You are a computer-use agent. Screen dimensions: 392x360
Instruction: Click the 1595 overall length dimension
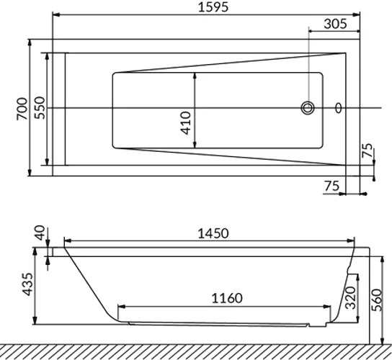coord(213,7)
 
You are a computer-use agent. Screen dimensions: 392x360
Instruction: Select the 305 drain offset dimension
coord(336,24)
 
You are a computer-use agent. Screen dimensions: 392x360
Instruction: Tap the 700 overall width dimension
coord(22,109)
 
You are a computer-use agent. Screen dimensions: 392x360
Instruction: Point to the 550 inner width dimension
coord(40,108)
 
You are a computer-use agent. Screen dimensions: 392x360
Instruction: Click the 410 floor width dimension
coord(186,123)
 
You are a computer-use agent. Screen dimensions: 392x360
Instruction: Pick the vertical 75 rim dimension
coord(367,150)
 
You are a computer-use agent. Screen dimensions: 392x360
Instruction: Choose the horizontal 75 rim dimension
coord(332,186)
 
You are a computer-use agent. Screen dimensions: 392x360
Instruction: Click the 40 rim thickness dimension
coord(40,233)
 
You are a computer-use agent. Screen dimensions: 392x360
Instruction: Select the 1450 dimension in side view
coord(213,234)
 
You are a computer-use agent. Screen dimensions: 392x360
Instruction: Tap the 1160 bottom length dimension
coord(227,298)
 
